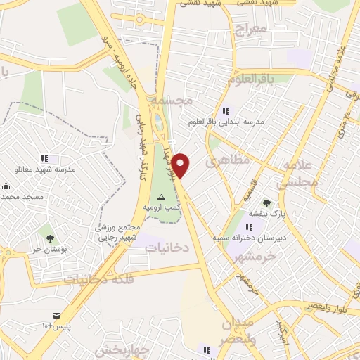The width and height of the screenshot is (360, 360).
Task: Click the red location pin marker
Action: pos(181,165)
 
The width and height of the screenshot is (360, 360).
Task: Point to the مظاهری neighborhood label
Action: pos(228,161)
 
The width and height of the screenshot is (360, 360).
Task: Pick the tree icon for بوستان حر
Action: pos(50,230)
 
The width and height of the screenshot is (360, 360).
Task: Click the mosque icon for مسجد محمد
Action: pos(6,186)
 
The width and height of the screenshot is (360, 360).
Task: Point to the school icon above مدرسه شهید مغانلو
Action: pos(44,158)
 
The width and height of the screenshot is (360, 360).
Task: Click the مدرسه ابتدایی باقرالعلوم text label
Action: pos(226,121)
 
